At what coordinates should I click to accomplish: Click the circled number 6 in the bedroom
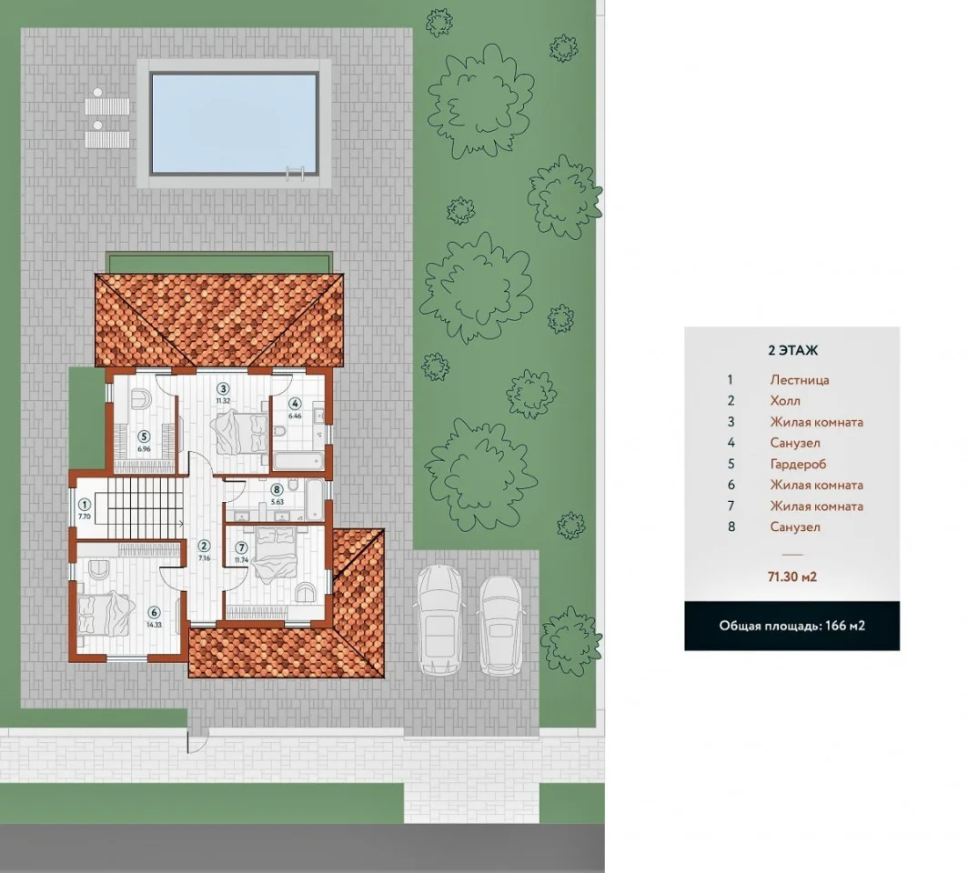155,613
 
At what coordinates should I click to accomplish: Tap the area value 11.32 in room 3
223,400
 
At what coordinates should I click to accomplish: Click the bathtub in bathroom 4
298,460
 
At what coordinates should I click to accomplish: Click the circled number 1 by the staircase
86,506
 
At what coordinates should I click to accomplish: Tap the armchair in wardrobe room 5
141,398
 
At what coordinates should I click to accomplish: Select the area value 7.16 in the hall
205,557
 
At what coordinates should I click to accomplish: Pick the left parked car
439,620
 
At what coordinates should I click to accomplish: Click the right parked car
502,625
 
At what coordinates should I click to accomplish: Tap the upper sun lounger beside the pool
106,104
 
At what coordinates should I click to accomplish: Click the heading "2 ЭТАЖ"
792,350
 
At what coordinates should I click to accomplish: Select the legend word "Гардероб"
798,464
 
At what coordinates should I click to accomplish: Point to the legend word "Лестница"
800,380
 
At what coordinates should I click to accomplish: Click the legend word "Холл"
785,401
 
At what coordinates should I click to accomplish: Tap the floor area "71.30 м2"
792,577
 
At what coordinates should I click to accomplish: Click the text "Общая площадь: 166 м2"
792,626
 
